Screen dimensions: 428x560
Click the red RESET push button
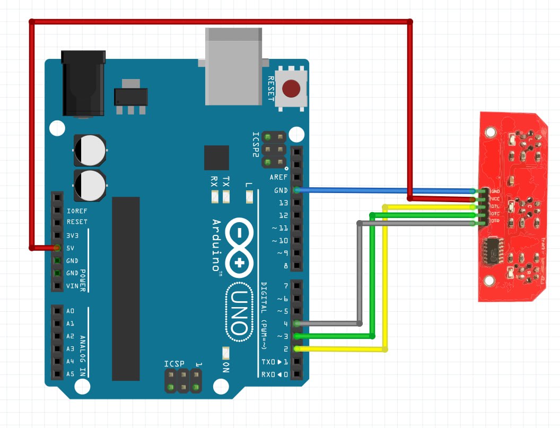click(291, 89)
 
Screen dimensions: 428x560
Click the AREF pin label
click(278, 178)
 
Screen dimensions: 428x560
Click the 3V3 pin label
click(72, 235)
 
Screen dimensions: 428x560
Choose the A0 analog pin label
click(71, 311)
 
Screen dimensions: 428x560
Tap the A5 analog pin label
click(71, 374)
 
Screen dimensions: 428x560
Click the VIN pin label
click(72, 286)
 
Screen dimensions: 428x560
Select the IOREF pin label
click(76, 209)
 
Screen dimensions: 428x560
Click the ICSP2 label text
click(256, 145)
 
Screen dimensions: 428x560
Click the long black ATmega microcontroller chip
click(126, 289)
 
